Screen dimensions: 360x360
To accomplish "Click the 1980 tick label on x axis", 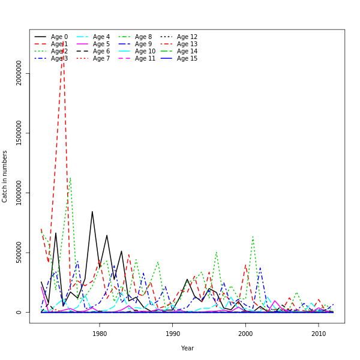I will click(x=100, y=334).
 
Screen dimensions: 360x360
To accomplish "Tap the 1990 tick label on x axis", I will click(x=173, y=334).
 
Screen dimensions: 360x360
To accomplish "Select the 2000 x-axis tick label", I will click(x=245, y=334).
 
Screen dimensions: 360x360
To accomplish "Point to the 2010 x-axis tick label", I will click(x=318, y=334).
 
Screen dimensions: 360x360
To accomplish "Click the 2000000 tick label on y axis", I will click(x=19, y=73).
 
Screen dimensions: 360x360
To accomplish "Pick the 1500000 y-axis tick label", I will click(x=19, y=133).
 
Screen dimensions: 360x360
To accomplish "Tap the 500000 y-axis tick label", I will click(x=19, y=253).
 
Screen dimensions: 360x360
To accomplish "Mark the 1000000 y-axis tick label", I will click(x=19, y=193).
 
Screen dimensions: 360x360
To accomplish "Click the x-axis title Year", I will click(x=187, y=348).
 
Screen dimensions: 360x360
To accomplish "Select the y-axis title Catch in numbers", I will click(x=5, y=176).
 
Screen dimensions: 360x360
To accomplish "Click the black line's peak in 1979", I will click(x=92, y=211).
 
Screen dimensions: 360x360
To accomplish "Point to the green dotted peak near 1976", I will click(x=70, y=178).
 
